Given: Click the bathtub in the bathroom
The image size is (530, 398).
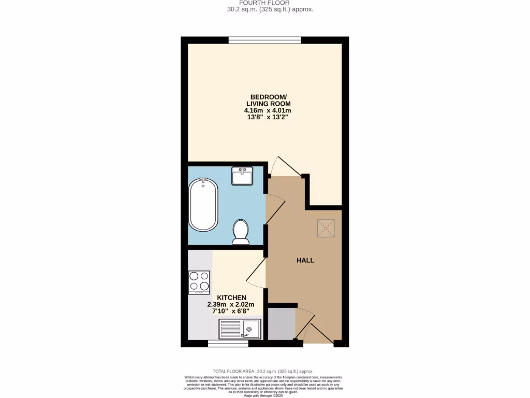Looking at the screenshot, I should (203, 204).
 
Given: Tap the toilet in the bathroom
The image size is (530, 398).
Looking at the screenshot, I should (241, 232).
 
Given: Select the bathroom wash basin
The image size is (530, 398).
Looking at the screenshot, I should (242, 176).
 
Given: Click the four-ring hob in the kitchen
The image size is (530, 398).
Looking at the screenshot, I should (199, 282).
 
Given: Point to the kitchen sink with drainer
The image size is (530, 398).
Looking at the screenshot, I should (240, 329).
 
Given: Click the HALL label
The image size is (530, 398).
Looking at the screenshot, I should (305, 260).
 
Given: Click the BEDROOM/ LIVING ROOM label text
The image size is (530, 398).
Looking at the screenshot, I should (268, 100).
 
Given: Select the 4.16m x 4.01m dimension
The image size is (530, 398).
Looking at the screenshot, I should (268, 110).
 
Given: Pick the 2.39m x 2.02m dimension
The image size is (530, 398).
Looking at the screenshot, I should (228, 304).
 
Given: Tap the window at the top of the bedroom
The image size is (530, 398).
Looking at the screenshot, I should (265, 40).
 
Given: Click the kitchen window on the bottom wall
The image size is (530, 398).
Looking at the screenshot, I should (228, 343).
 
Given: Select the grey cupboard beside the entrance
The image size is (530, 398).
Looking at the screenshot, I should (281, 324).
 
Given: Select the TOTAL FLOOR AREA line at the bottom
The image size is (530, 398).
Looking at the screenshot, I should (264, 372).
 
